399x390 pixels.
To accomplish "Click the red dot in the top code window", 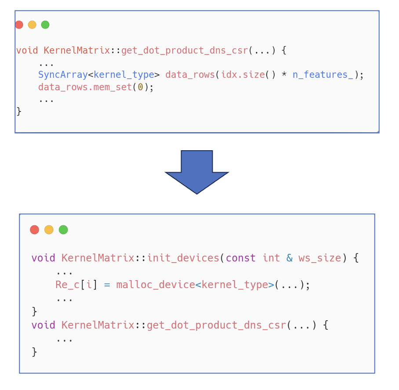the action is [19, 25].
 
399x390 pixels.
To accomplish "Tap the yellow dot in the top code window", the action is [32, 25].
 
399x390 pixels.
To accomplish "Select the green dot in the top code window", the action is [45, 25].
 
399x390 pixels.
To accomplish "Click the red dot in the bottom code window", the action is [34, 230].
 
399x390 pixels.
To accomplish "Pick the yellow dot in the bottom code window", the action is [49, 230].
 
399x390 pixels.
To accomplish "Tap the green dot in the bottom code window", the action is [63, 230].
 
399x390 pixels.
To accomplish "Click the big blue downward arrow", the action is [197, 172].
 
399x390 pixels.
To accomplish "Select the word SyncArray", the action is [63, 75].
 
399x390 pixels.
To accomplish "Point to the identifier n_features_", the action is [323, 75].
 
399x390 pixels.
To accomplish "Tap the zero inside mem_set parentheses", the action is [141, 87].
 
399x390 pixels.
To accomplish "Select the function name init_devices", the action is [183, 258].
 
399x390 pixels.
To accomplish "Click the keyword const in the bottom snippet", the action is [241, 258].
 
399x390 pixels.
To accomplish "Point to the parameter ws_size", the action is [320, 258].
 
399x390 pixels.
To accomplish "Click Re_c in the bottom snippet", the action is [68, 285].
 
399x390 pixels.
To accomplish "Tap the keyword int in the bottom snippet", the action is [271, 258].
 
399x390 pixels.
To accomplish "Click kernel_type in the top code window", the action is [124, 75].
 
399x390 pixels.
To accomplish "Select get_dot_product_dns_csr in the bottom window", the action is [216, 325].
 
